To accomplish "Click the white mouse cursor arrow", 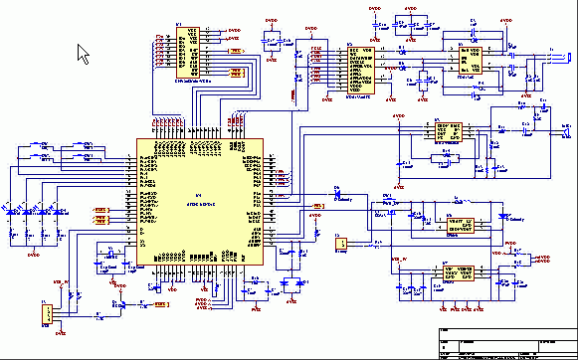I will [84, 53].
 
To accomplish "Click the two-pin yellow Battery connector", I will [339, 243].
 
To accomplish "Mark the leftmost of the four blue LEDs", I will [12, 210].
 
